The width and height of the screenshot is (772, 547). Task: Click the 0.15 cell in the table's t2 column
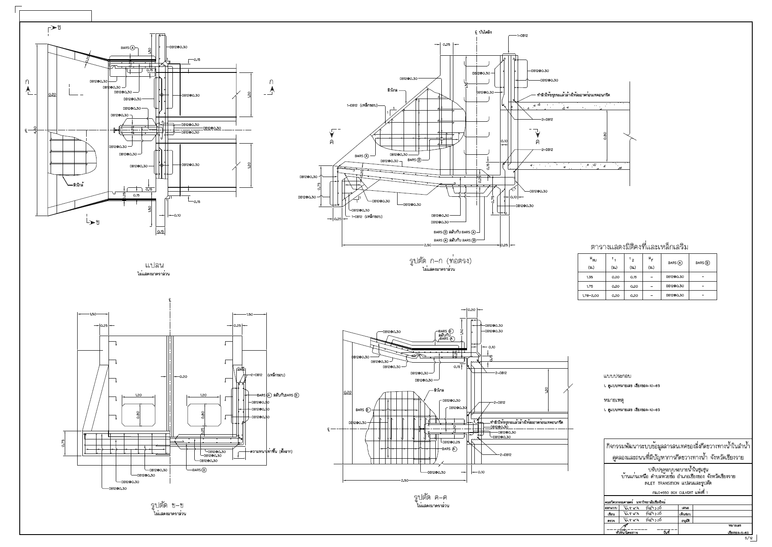tap(633, 277)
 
